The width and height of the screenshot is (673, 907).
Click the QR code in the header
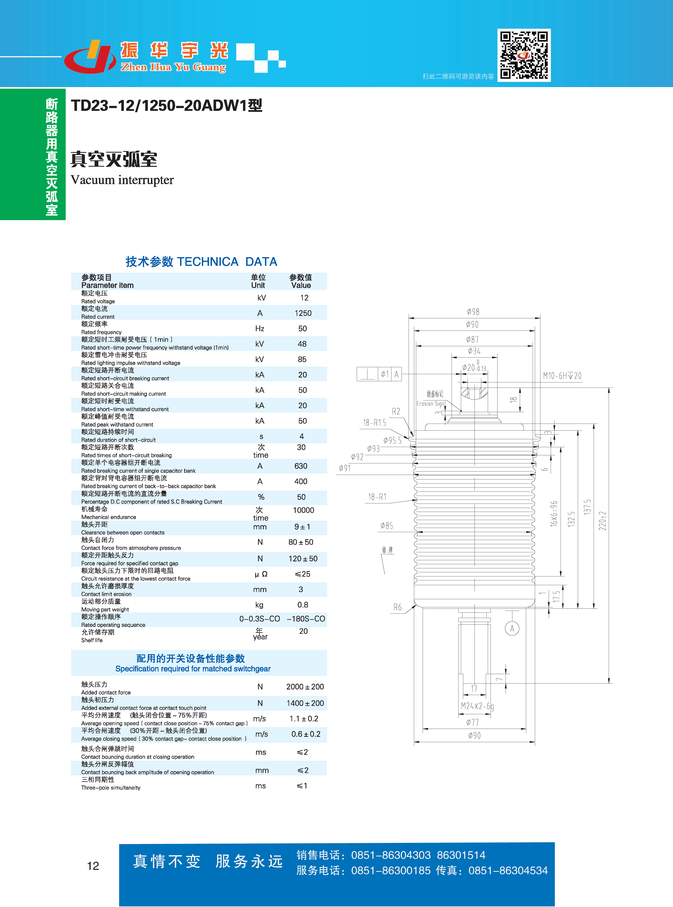pos(524,55)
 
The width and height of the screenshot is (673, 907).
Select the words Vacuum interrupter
pos(122,180)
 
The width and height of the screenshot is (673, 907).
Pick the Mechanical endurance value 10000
pos(304,510)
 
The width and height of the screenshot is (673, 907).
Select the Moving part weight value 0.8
pos(303,605)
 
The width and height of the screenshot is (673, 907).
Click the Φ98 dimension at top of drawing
pos(473,312)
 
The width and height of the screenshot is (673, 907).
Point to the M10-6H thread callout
pos(562,376)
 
